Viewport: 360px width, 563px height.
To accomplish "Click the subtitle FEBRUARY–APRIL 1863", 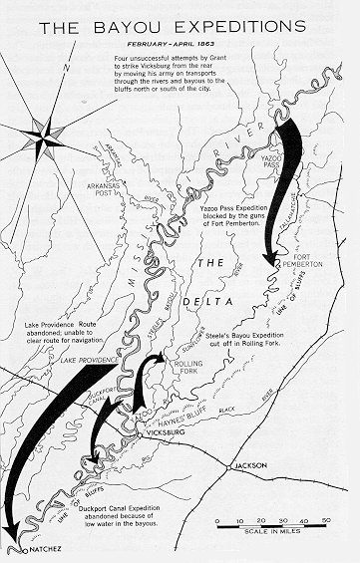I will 180,46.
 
